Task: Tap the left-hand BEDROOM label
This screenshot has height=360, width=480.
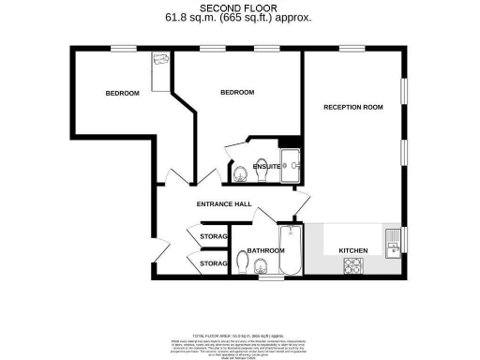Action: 122,93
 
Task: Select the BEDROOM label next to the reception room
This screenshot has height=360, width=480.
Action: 237,92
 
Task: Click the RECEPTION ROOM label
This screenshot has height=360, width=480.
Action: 353,108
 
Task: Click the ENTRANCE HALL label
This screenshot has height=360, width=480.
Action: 223,203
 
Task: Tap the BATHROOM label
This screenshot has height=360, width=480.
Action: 265,250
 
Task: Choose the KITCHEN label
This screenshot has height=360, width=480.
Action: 352,250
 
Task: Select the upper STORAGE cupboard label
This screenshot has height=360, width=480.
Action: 214,236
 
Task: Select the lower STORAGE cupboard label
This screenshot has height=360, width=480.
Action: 214,264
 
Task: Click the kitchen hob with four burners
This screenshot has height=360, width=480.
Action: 353,266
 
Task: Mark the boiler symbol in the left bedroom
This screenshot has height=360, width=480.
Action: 159,62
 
